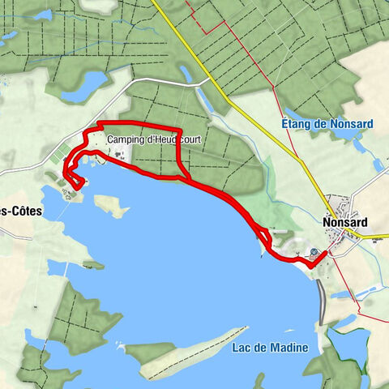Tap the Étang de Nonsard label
click(327, 124)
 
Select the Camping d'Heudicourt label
click(153, 139)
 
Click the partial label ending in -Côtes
click(19, 210)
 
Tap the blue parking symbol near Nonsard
click(314, 252)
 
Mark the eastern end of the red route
click(326, 254)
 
